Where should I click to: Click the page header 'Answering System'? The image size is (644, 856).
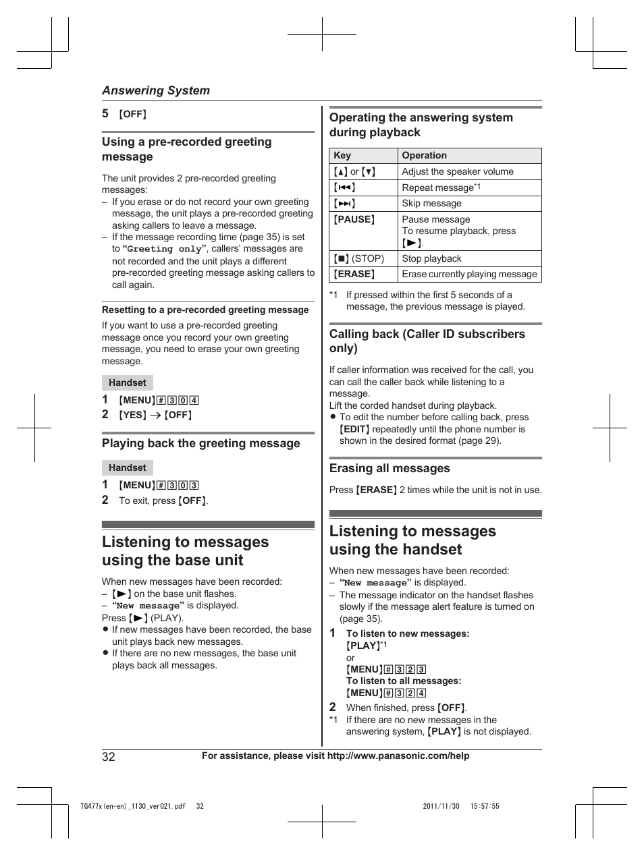[x=155, y=90]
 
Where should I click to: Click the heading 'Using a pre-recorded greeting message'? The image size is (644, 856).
[x=186, y=149]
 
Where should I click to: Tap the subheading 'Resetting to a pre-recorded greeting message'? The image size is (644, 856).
[x=205, y=310]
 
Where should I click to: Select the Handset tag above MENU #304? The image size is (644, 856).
[x=128, y=382]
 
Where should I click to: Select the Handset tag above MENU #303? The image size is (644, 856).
[x=128, y=467]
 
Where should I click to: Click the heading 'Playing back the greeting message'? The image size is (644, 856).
[x=200, y=443]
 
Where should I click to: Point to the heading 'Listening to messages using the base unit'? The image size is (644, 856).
[x=185, y=551]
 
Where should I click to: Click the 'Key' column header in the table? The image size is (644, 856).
[x=342, y=155]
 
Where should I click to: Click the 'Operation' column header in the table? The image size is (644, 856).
[x=424, y=155]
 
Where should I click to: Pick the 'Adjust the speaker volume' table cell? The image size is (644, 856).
[x=458, y=171]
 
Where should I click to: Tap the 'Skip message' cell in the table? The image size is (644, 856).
[x=431, y=203]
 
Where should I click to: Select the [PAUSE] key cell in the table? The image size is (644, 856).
[x=354, y=219]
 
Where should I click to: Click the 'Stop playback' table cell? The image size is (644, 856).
[x=431, y=258]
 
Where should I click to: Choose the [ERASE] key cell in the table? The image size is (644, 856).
[x=354, y=274]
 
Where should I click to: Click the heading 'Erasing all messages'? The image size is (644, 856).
[x=390, y=468]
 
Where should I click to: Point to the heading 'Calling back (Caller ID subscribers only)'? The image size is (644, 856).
[x=427, y=341]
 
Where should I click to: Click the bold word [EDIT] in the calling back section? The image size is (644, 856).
[x=354, y=429]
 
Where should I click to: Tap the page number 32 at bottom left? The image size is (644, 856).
[x=109, y=756]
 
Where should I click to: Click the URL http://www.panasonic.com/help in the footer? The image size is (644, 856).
[x=398, y=755]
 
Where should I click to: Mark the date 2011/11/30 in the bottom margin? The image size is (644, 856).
[x=441, y=806]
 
